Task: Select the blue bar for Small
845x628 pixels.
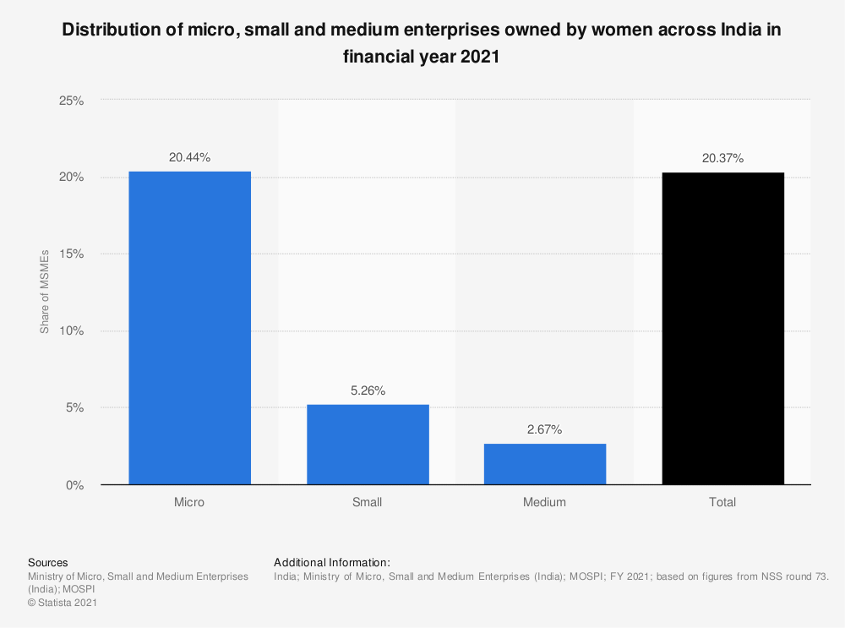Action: point(368,445)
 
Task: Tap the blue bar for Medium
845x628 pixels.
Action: point(544,464)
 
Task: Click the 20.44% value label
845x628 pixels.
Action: point(189,157)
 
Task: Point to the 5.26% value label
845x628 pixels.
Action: point(368,390)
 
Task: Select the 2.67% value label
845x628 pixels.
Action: point(544,429)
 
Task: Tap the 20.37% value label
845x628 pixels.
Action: point(722,158)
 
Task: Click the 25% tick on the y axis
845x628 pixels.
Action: point(70,101)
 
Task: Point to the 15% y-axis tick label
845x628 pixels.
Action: point(70,254)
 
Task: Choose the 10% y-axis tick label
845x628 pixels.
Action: point(70,331)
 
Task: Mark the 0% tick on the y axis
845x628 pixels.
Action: point(74,485)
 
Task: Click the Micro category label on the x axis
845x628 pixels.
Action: point(189,502)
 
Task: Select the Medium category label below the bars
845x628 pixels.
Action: point(544,502)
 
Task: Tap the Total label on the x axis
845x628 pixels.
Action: point(722,502)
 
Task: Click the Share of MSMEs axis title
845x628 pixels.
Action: point(45,292)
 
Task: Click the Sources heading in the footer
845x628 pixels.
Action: point(48,562)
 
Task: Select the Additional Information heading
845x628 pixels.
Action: point(332,562)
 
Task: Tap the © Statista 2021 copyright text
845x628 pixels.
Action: point(63,603)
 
